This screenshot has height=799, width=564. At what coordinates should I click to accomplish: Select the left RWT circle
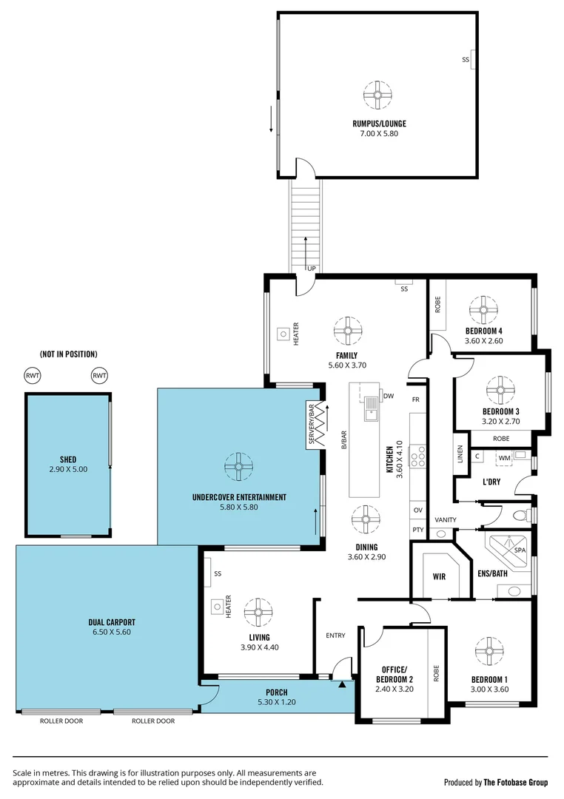pos(33,376)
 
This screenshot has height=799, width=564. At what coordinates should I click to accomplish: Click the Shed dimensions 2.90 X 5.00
pos(68,469)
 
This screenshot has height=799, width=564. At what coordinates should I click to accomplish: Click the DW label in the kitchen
pos(388,396)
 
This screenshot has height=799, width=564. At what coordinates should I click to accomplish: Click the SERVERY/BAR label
pos(312,425)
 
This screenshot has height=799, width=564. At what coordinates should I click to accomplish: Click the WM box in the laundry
pos(504,458)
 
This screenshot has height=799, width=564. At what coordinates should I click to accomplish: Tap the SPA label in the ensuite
pos(521,550)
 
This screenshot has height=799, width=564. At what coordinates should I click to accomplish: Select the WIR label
pos(437,576)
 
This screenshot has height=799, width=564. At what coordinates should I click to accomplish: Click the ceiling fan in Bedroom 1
pos(489,650)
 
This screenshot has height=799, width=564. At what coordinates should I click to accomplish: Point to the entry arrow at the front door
pos(341,685)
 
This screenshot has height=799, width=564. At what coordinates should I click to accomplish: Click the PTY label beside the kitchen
pos(417,530)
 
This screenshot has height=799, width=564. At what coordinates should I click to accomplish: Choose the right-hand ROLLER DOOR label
pos(152,721)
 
